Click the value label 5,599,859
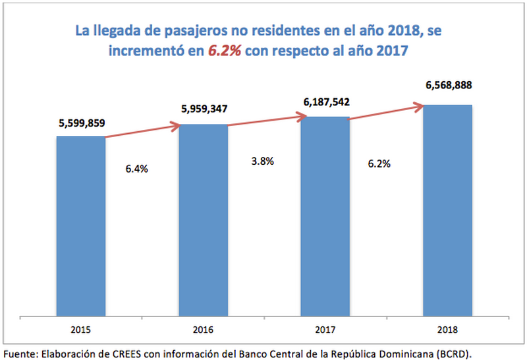tap(81, 123)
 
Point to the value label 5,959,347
tap(203, 109)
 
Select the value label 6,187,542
tap(326, 102)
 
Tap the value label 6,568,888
tap(448, 85)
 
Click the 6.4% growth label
tap(136, 169)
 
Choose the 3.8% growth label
tap(258, 161)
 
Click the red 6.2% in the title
tap(225, 51)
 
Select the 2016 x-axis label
tap(203, 329)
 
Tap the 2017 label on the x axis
tap(325, 329)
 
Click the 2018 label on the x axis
tap(447, 329)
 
